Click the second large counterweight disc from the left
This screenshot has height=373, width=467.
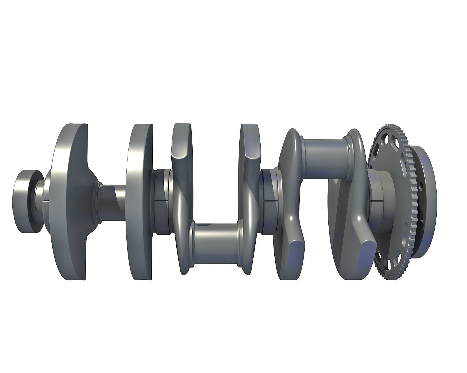coord(140,201)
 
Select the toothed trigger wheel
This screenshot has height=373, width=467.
coord(388,201)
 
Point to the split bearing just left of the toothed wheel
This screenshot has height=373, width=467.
coord(377,194)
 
